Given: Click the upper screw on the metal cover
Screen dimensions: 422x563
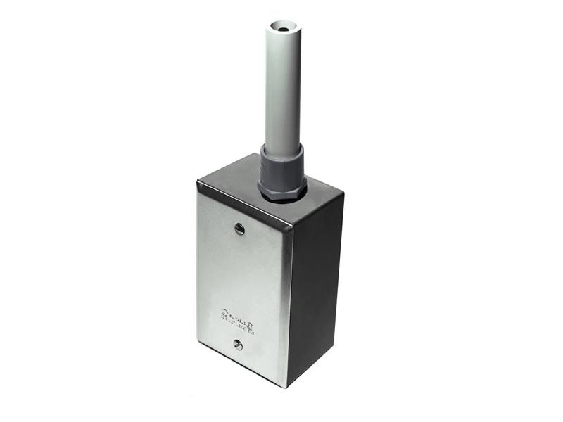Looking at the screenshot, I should click(239, 228).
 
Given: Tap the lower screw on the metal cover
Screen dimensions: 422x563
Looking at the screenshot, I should click(239, 345).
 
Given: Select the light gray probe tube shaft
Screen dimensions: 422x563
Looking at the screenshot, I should click(283, 91).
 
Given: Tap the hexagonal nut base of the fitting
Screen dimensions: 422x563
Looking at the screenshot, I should click(281, 191).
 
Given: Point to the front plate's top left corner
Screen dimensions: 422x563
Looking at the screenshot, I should click(198, 181).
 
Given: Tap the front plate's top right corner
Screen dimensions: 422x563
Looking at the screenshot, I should click(292, 225).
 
